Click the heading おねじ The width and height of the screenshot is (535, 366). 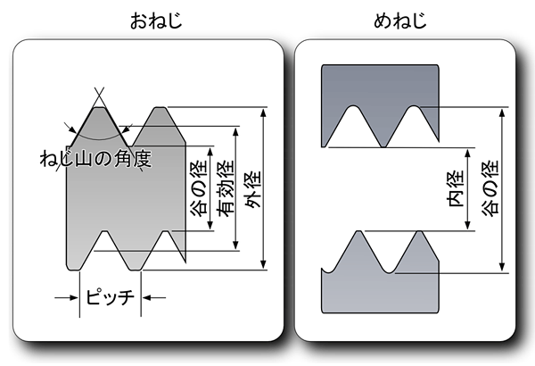(156, 21)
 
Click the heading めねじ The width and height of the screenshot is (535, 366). (399, 21)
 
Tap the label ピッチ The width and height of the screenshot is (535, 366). (110, 296)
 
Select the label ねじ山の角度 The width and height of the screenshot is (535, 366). (95, 159)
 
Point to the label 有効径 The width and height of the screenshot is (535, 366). (226, 188)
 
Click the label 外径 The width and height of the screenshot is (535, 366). (253, 189)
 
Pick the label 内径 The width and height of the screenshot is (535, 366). (456, 188)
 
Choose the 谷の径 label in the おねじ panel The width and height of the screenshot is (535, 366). (199, 188)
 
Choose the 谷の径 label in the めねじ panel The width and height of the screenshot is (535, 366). (490, 188)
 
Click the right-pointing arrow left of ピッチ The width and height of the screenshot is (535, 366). (66, 297)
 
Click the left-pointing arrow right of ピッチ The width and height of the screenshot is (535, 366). (154, 297)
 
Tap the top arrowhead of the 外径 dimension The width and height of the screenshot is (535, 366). (263, 112)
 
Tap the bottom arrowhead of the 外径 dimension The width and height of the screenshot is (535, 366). (263, 264)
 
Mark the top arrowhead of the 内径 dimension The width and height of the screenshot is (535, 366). (468, 154)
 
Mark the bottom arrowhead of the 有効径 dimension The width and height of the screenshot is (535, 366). (235, 245)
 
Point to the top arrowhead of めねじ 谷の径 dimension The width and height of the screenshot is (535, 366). (502, 112)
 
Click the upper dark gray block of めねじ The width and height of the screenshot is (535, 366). (380, 86)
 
